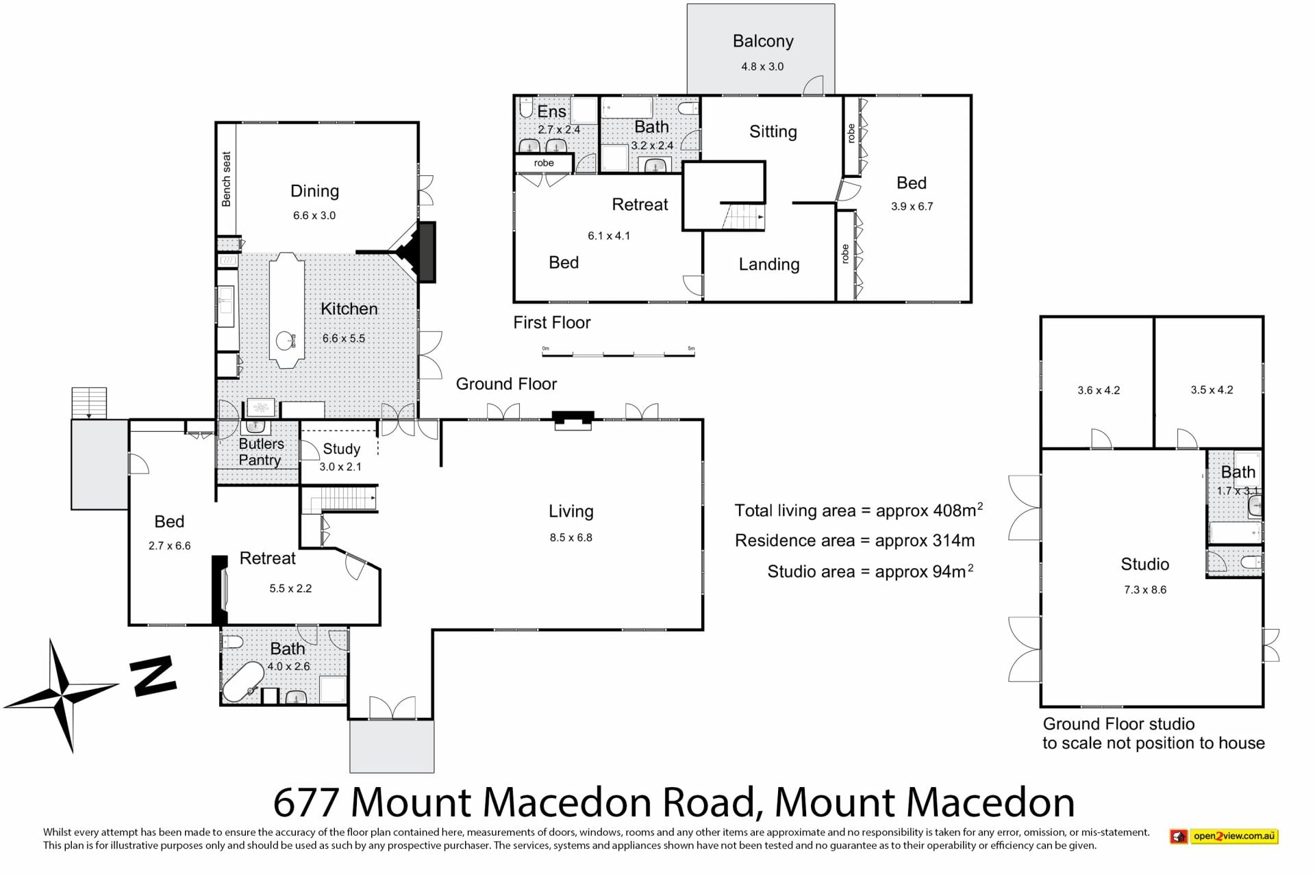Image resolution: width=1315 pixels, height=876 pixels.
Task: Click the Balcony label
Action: [763, 42]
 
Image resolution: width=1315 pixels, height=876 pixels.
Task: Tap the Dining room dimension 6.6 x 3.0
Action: [314, 216]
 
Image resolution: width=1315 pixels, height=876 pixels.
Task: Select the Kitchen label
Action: [349, 309]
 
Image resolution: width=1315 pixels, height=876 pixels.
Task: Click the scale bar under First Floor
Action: [618, 353]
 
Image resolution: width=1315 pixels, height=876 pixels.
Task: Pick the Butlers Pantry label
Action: [261, 452]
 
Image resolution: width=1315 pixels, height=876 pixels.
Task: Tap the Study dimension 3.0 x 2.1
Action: [340, 467]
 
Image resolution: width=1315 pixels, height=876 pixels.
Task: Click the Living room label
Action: [571, 511]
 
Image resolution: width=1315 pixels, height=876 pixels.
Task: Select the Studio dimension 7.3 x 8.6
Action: [1145, 590]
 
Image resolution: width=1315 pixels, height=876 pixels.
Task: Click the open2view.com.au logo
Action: [1224, 836]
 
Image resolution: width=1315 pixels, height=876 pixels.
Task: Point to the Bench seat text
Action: [227, 179]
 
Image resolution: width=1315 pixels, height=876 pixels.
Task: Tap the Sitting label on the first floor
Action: [773, 132]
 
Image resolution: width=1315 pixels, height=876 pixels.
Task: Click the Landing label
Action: [769, 265]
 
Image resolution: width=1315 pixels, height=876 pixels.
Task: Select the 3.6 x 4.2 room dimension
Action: [1099, 391]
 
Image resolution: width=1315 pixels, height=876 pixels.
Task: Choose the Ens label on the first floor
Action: [552, 112]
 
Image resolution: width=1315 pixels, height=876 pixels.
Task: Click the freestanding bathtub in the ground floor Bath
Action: [244, 682]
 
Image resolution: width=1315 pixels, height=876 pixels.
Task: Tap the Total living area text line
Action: [859, 511]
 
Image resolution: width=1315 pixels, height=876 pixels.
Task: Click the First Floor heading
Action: [552, 323]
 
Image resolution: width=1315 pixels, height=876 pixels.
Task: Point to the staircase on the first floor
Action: [744, 216]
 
